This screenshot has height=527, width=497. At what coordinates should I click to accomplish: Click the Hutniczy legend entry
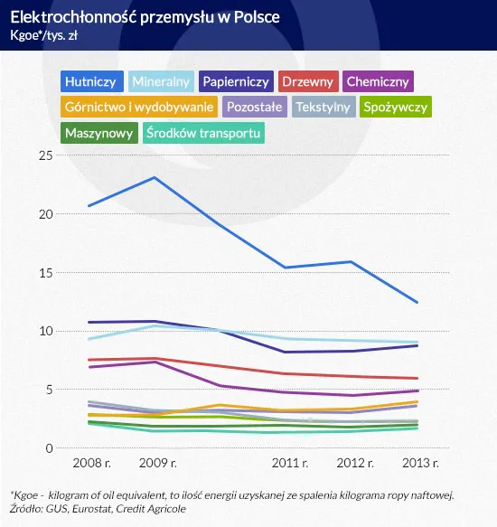click(x=91, y=81)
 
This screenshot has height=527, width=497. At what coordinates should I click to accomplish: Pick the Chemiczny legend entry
click(x=378, y=81)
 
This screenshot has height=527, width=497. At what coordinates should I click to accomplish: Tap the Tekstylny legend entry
click(x=324, y=107)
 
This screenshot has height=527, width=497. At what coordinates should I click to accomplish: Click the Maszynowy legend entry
click(x=98, y=133)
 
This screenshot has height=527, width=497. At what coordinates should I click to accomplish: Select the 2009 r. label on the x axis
click(x=156, y=464)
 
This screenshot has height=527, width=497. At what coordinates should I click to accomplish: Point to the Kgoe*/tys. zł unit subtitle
click(x=45, y=35)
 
